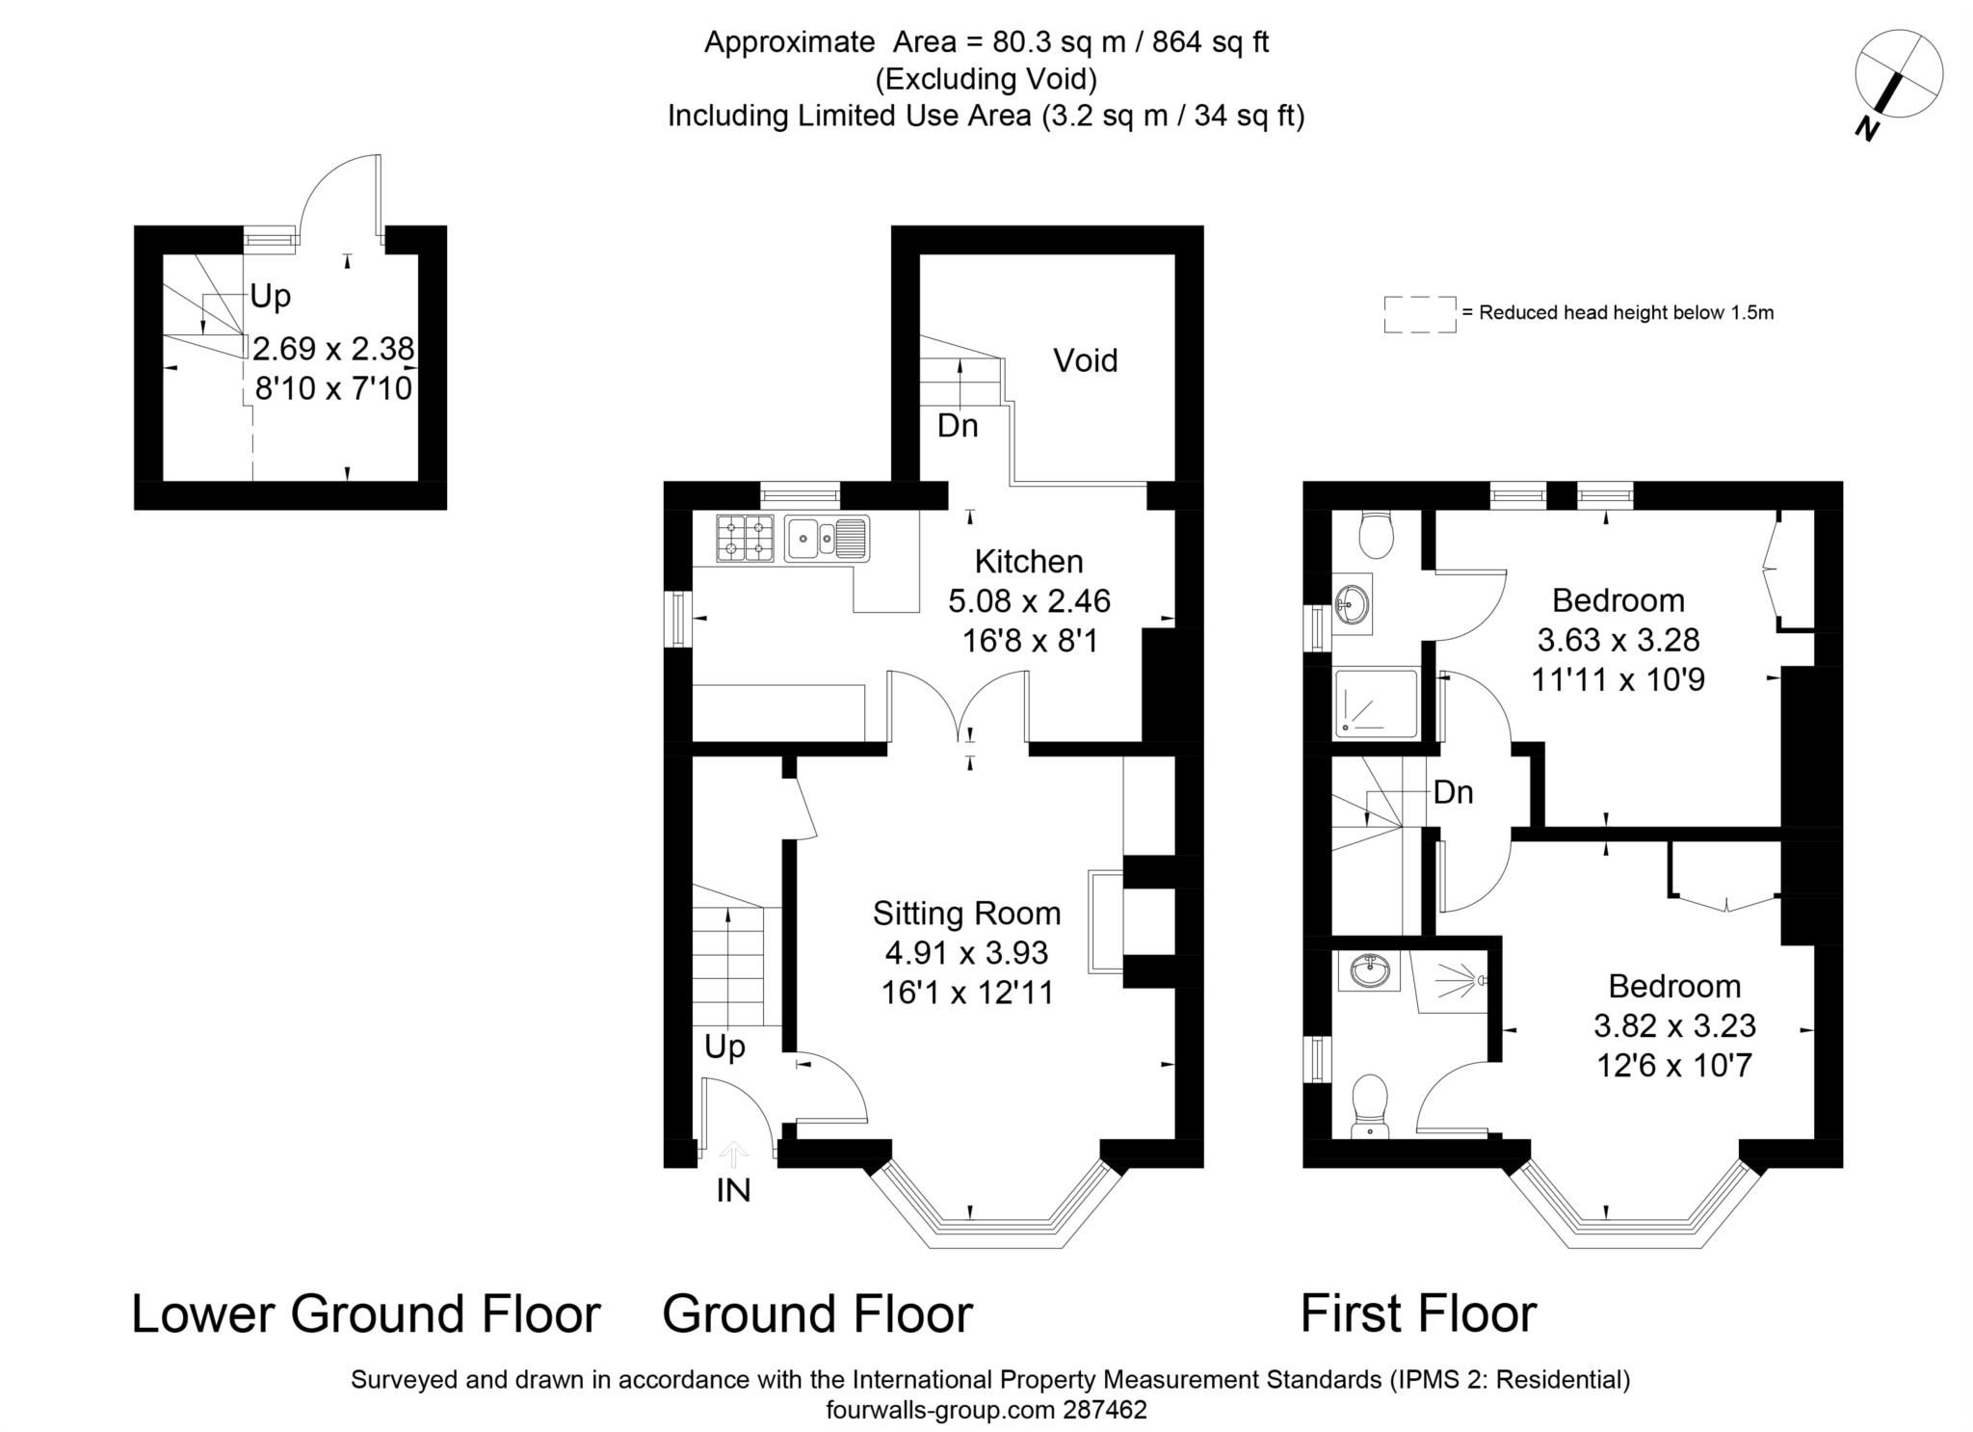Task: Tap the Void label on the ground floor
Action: pos(1085,360)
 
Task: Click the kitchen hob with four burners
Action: pos(746,539)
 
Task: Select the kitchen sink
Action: pos(827,539)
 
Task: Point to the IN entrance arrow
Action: pos(734,1154)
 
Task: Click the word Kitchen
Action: pos(1029,561)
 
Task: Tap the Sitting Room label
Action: pos(966,913)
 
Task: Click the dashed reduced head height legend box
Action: pos(1419,314)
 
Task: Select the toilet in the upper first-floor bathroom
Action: pos(1375,534)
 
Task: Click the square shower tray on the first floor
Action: pos(1377,704)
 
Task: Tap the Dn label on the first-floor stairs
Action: pos(1453,792)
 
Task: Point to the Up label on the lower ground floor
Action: pos(270,296)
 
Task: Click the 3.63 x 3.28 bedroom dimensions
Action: pos(1618,640)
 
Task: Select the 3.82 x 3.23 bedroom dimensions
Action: pos(1674,1025)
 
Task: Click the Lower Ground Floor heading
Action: pos(365,1313)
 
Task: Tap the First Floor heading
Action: pos(1418,1313)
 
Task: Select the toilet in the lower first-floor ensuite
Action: pos(1370,1105)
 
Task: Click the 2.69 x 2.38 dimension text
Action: pos(333,347)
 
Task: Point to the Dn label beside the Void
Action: pos(958,425)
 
